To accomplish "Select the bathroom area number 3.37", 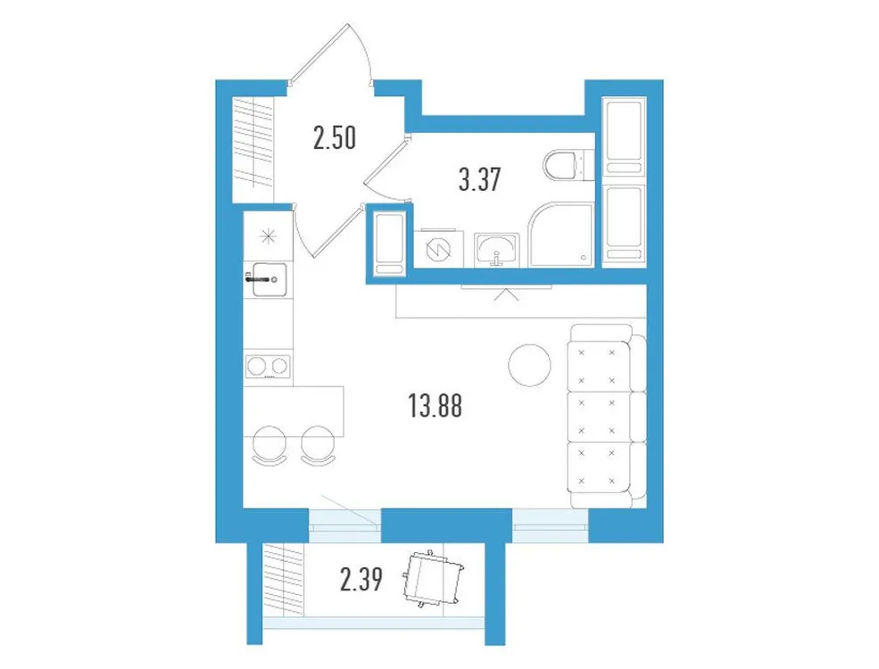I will pos(477,180).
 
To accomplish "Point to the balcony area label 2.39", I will pos(362,582).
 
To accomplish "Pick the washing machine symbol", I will pos(438,250).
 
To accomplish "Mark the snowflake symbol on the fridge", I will pos(267,236).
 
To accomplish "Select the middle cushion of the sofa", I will pos(600,413).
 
